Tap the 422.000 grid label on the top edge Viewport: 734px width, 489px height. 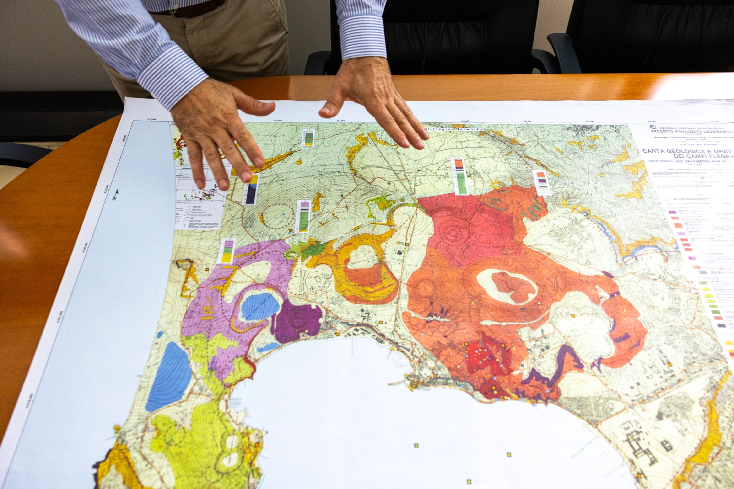278,120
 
